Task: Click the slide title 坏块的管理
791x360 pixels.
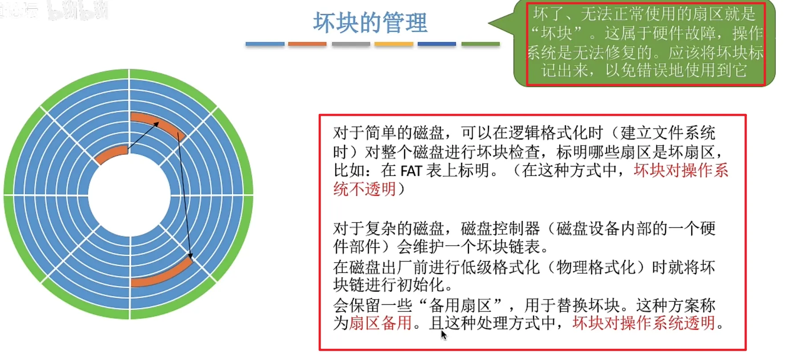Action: pyautogui.click(x=370, y=22)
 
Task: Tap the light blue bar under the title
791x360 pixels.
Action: pyautogui.click(x=265, y=44)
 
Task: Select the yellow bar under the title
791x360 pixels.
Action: pyautogui.click(x=394, y=44)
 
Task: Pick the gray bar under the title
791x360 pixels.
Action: pyautogui.click(x=351, y=44)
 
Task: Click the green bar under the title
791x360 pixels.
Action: pyautogui.click(x=481, y=44)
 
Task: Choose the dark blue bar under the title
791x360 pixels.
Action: pyautogui.click(x=437, y=44)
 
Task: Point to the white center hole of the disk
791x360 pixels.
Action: pyautogui.click(x=129, y=194)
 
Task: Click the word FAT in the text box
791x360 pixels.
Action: pyautogui.click(x=411, y=170)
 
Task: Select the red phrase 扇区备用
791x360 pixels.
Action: pyautogui.click(x=381, y=323)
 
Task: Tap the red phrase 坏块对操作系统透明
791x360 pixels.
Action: pyautogui.click(x=644, y=323)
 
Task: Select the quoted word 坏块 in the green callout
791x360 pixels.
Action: pyautogui.click(x=556, y=33)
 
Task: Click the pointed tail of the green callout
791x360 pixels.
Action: pyautogui.click(x=489, y=23)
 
